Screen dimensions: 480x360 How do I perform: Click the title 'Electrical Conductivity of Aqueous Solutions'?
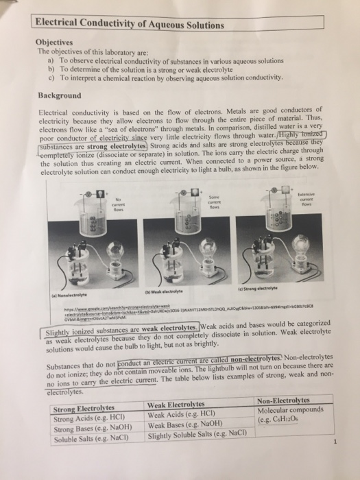coord(130,26)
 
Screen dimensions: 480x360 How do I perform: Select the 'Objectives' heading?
coord(56,40)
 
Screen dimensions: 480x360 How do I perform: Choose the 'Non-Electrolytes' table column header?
coord(283,400)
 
